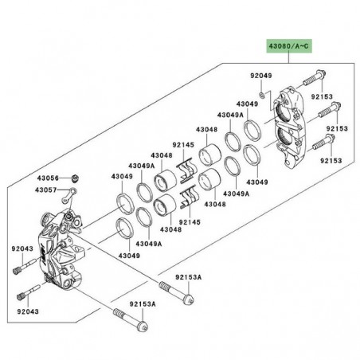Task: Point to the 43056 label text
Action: [x=48, y=178]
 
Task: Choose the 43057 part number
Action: [x=48, y=190]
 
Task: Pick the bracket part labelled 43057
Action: [x=72, y=194]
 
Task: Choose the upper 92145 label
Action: [x=184, y=145]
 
